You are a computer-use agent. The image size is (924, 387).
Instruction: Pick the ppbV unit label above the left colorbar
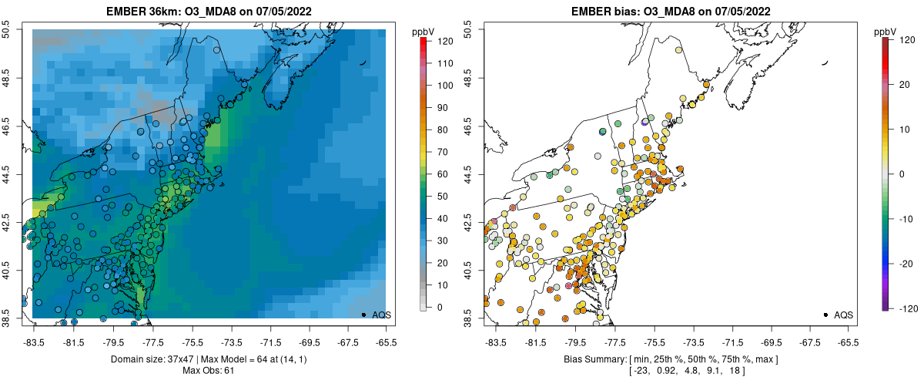click(x=423, y=32)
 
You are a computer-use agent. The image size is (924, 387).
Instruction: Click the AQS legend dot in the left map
click(x=363, y=315)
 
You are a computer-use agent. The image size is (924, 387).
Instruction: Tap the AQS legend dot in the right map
click(x=825, y=315)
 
